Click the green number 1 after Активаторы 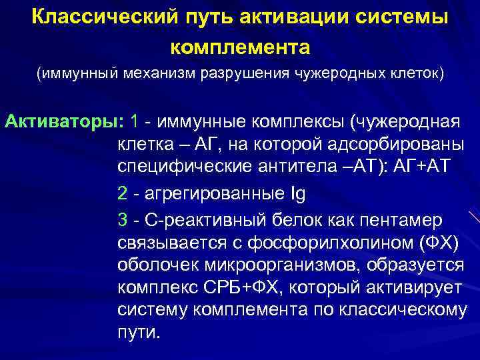click(135, 123)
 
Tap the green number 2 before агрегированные click(122, 194)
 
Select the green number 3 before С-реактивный click(122, 219)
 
